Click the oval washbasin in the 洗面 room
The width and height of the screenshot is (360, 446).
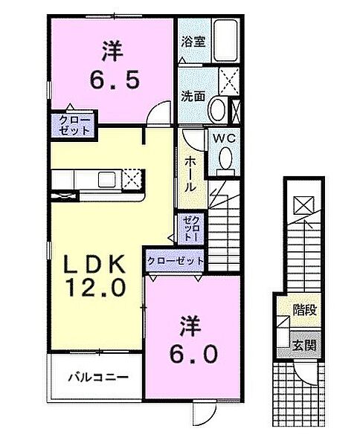219,110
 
